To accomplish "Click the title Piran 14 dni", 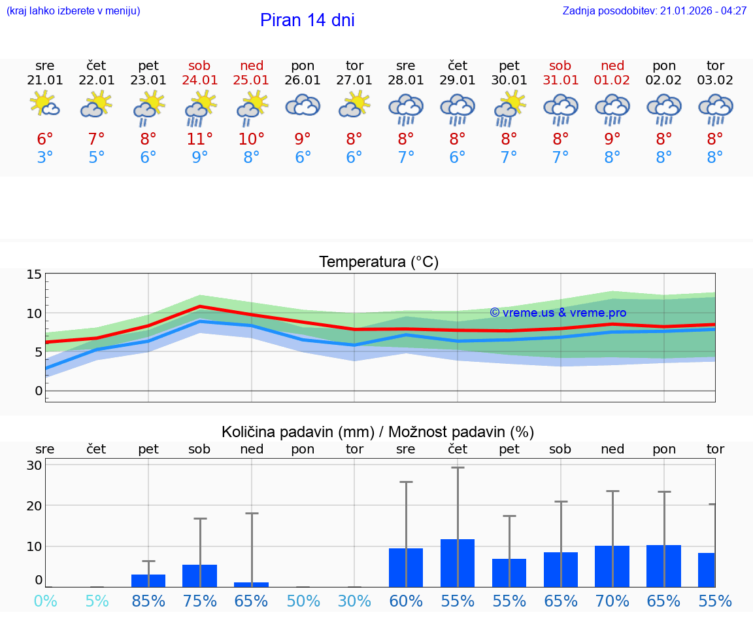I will [307, 20].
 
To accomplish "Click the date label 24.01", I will [200, 80].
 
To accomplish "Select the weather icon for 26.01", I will [303, 106].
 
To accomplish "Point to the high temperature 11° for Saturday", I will [200, 139].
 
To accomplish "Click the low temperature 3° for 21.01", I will [45, 158].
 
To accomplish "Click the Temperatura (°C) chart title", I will [378, 262].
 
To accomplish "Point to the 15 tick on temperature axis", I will [34, 274].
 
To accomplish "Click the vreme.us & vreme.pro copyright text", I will [558, 313].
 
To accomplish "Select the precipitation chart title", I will [378, 432].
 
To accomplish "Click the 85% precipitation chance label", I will [148, 601].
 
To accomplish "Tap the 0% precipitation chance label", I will [45, 601].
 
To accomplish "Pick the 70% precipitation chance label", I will [612, 601].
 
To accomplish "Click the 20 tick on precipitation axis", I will [34, 506].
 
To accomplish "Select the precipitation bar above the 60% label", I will [406, 567].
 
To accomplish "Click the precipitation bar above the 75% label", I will [199, 576].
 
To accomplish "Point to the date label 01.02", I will [612, 80].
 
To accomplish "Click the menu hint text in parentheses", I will [73, 11].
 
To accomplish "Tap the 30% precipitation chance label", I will [354, 601].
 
